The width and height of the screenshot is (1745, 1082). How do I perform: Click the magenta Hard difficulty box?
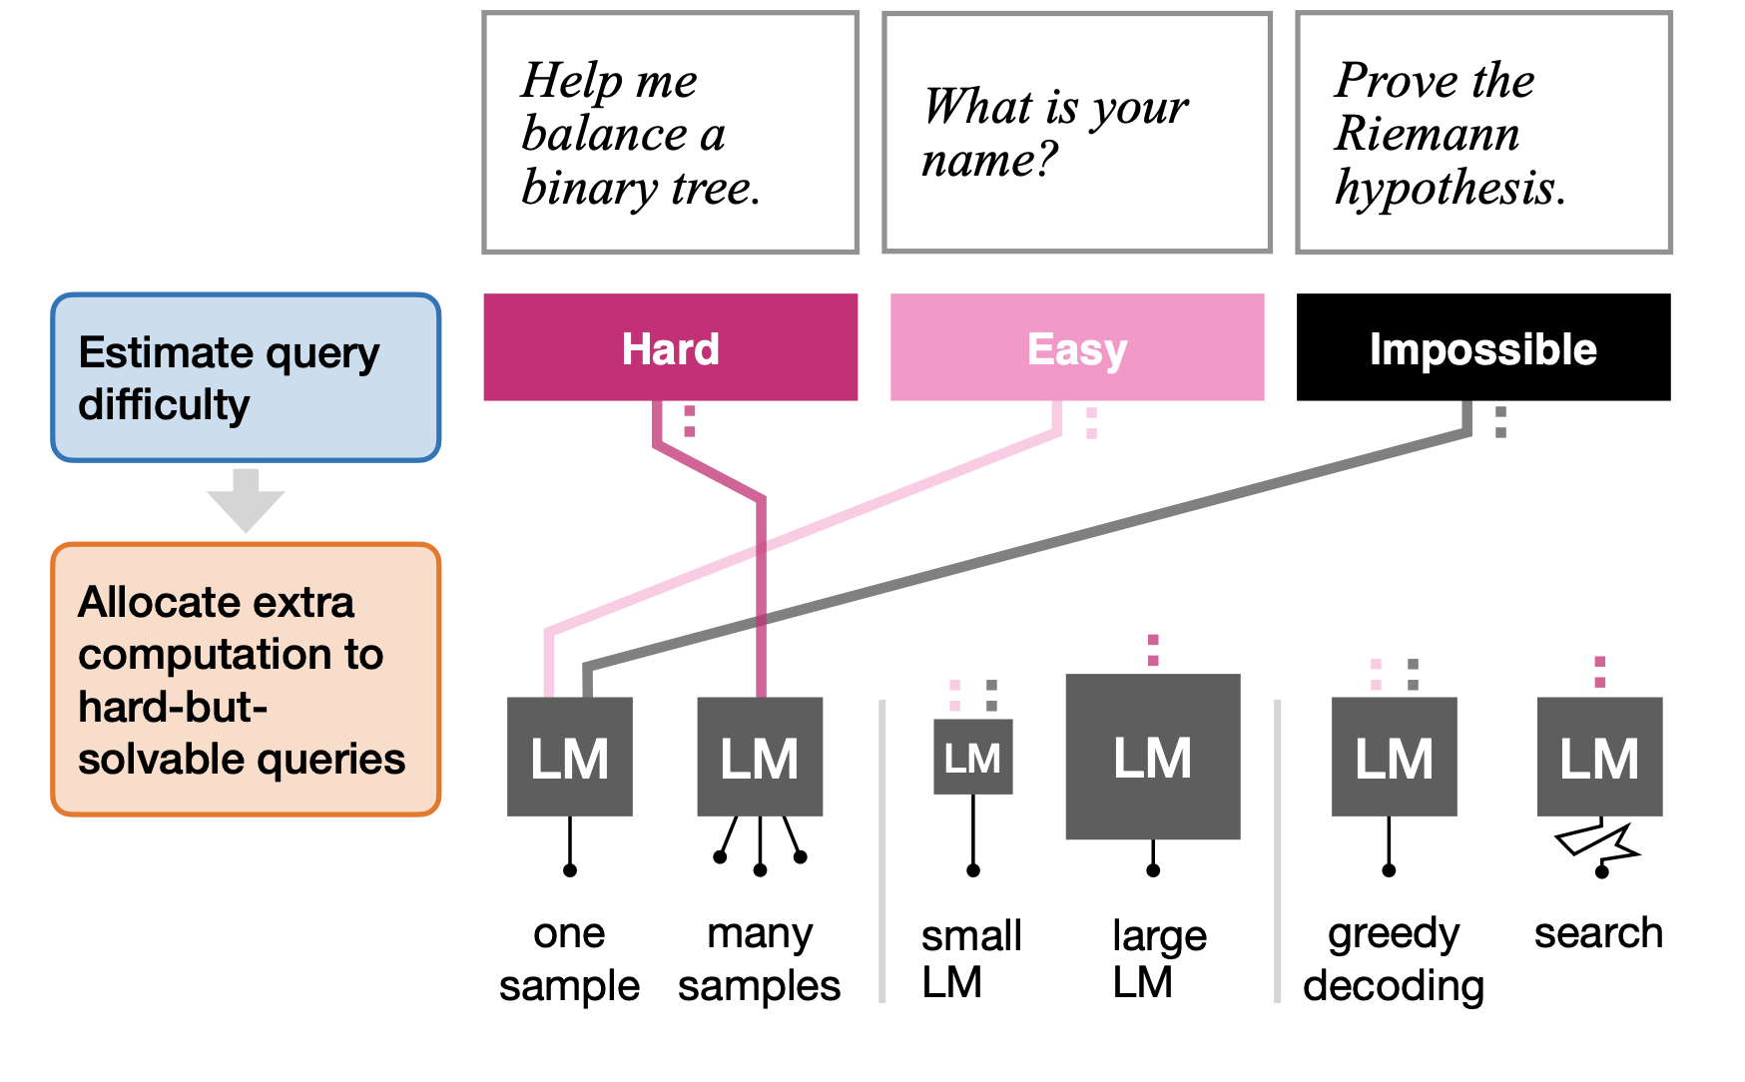pyautogui.click(x=670, y=347)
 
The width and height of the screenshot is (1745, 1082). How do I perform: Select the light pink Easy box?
pyautogui.click(x=1076, y=347)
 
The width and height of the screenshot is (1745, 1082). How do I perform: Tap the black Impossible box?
pyautogui.click(x=1482, y=347)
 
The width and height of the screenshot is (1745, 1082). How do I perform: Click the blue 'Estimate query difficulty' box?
pyautogui.click(x=246, y=377)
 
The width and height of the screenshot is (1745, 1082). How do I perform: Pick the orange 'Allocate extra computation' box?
pyautogui.click(x=246, y=680)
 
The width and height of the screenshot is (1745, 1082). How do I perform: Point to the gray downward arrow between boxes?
pyautogui.click(x=246, y=499)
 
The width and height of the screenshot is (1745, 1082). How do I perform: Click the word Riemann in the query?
pyautogui.click(x=1427, y=134)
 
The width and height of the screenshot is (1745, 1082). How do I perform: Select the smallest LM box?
pyautogui.click(x=972, y=757)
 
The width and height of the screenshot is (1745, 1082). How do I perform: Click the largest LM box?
pyautogui.click(x=1152, y=757)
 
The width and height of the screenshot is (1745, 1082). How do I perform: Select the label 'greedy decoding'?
pyautogui.click(x=1394, y=959)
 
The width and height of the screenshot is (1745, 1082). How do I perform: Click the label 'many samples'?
pyautogui.click(x=759, y=959)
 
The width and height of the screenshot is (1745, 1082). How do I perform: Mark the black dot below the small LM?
pyautogui.click(x=972, y=870)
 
